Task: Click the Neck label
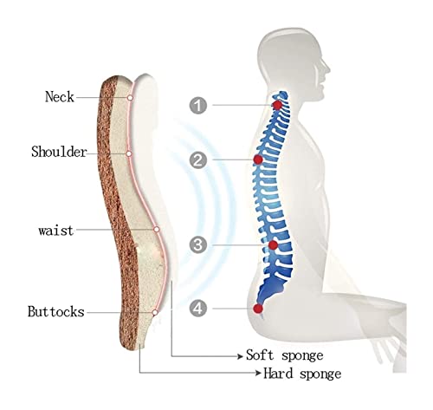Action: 60,96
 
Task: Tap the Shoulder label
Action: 59,152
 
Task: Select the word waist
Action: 56,231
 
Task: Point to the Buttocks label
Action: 56,312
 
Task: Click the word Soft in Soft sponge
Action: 260,355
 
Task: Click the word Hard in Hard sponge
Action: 278,373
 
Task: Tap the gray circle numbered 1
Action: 198,105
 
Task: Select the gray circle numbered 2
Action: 198,159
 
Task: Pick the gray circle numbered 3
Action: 198,245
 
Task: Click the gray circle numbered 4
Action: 198,308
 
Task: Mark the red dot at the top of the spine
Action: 277,105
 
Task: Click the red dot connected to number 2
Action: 258,159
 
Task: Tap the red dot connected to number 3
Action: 273,245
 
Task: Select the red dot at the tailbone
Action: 258,309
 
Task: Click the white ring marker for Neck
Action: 130,98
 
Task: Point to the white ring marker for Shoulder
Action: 129,153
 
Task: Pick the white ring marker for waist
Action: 157,230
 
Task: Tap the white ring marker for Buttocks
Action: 155,312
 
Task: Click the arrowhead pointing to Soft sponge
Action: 240,356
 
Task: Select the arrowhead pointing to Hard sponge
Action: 259,373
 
